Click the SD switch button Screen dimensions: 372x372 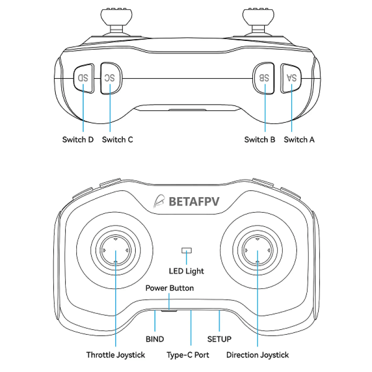pos(83,78)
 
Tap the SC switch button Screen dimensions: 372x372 pos(110,78)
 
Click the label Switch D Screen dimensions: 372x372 pos(78,139)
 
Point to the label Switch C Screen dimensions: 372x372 pos(118,139)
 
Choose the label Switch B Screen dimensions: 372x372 pos(259,139)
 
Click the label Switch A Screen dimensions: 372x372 pos(299,139)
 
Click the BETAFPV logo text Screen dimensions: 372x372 pos(194,201)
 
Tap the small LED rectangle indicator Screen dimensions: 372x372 pos(186,250)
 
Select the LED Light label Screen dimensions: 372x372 pos(186,271)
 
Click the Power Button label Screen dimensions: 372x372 pos(169,288)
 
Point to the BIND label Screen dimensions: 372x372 pos(155,339)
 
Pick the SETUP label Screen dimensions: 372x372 pos(219,339)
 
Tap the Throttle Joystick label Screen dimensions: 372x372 pos(116,355)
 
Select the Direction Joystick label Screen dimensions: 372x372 pos(258,355)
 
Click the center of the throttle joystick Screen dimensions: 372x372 pos(115,251)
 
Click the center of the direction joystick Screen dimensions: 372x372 pos(258,251)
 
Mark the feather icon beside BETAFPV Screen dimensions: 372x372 pos(159,201)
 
